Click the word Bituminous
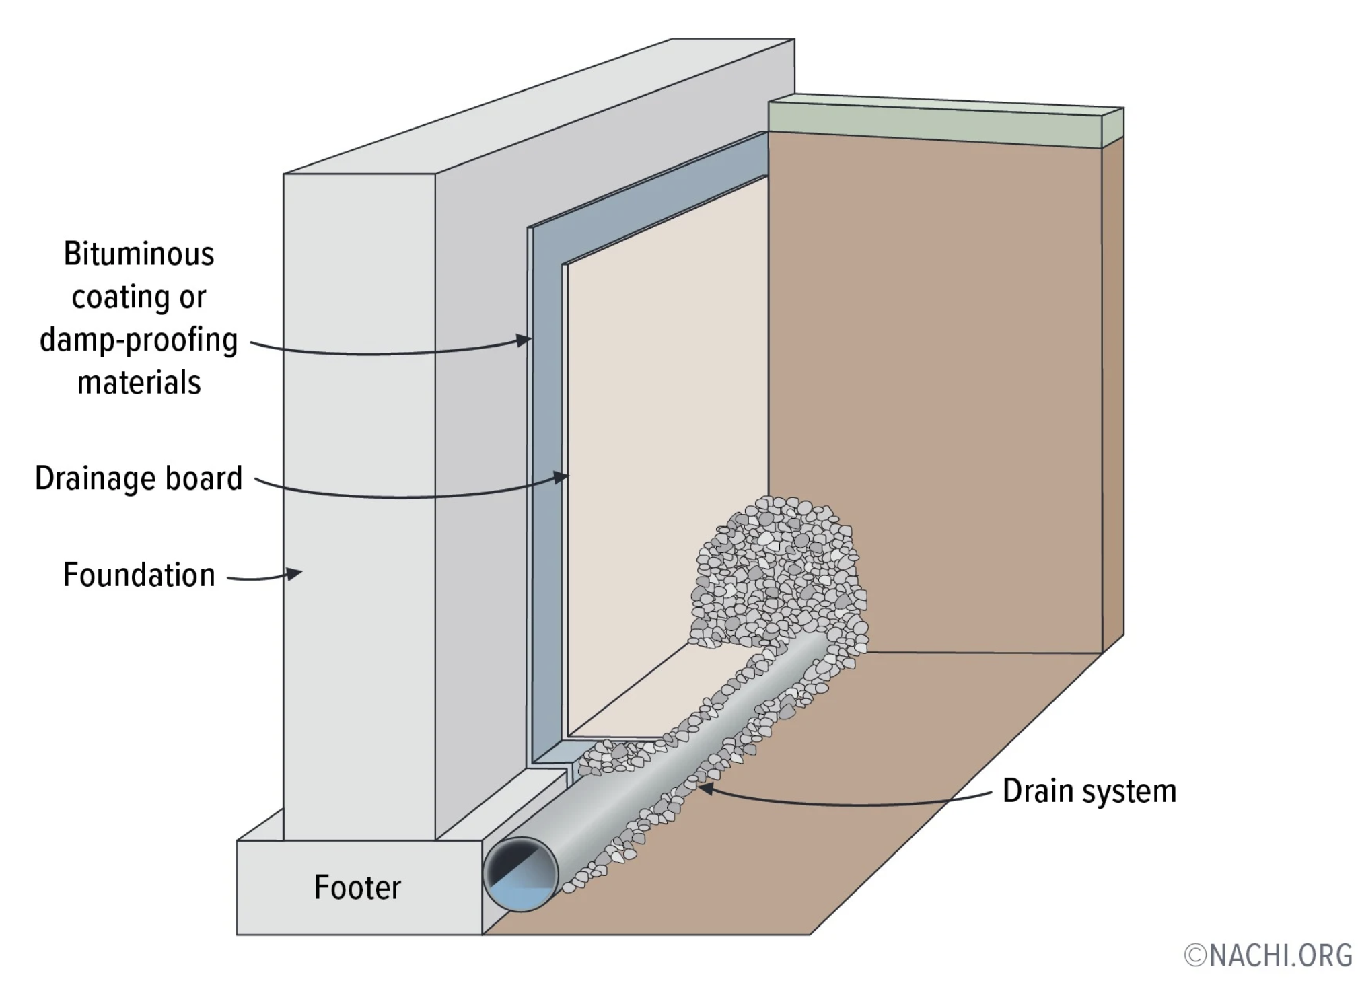pyautogui.click(x=139, y=255)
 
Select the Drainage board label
pyautogui.click(x=138, y=478)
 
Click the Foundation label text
pyautogui.click(x=139, y=575)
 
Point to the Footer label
pyautogui.click(x=357, y=887)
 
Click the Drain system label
pyautogui.click(x=1089, y=791)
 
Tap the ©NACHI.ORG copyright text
pyautogui.click(x=1268, y=955)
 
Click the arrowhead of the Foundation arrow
pyautogui.click(x=295, y=573)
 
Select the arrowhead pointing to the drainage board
pyautogui.click(x=562, y=477)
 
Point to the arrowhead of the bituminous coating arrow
pyautogui.click(x=524, y=340)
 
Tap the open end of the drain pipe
pyautogui.click(x=520, y=874)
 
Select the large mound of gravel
pyautogui.click(x=777, y=572)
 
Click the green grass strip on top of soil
pyautogui.click(x=942, y=121)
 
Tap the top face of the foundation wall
pyautogui.click(x=538, y=108)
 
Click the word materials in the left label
pyautogui.click(x=139, y=383)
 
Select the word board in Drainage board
pyautogui.click(x=203, y=478)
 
